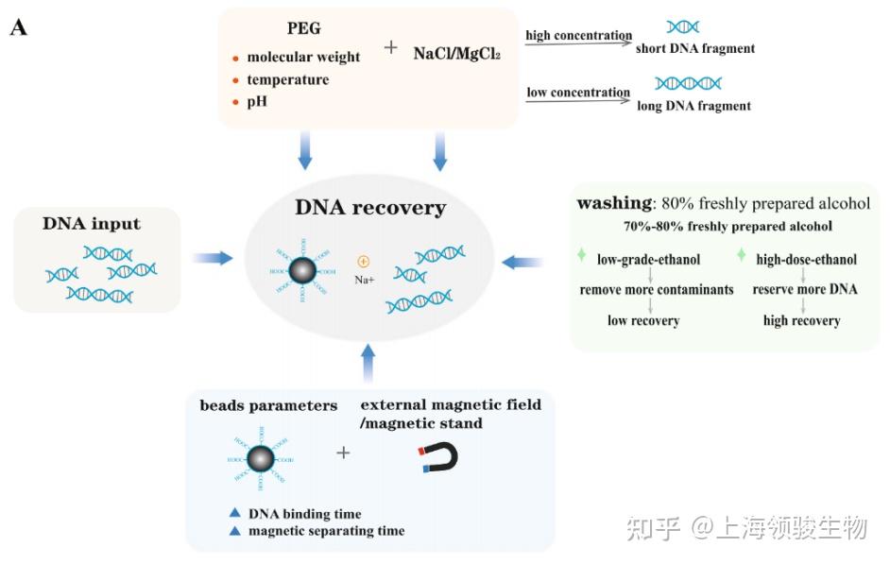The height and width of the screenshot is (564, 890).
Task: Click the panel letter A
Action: pyautogui.click(x=19, y=27)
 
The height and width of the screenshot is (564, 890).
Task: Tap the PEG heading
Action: pyautogui.click(x=305, y=29)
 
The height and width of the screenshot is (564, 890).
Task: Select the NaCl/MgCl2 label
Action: pyautogui.click(x=456, y=54)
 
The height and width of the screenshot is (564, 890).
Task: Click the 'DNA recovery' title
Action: pyautogui.click(x=370, y=207)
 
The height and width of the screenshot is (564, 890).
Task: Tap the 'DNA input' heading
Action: pyautogui.click(x=92, y=224)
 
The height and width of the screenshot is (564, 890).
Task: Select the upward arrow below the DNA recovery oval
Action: pyautogui.click(x=368, y=363)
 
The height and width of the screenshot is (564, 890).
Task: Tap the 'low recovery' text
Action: pyautogui.click(x=643, y=321)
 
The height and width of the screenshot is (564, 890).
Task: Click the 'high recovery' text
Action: pyautogui.click(x=801, y=321)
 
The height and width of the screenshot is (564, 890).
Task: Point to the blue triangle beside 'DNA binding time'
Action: pyautogui.click(x=235, y=513)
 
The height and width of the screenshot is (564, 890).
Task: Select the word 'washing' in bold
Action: pyautogui.click(x=612, y=203)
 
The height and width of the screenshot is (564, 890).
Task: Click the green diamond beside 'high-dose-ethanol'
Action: pyautogui.click(x=742, y=256)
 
